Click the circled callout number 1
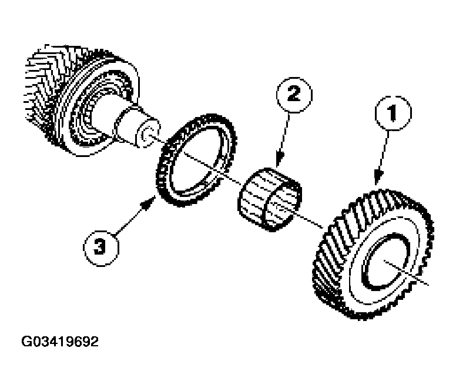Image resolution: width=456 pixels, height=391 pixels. pos(393,113)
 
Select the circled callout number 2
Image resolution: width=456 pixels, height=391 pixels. pos(294,95)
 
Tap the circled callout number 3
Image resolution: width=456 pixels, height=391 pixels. pos(101,248)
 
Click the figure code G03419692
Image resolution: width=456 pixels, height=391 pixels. pos(60,342)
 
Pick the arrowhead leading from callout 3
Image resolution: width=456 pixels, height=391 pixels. pos(149,203)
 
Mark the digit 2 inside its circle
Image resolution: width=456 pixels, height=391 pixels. pos(294,94)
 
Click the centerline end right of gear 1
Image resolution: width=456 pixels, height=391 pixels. pos(428,283)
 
